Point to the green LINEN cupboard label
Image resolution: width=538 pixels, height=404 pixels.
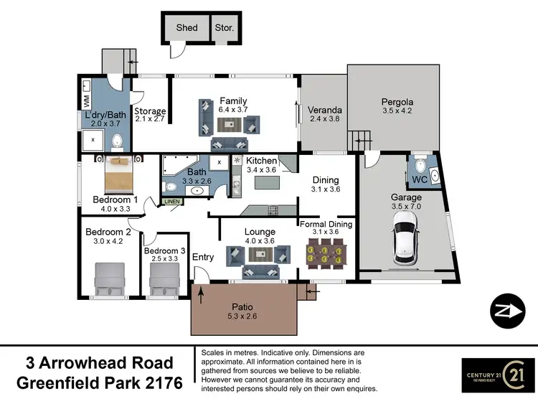point(172,202)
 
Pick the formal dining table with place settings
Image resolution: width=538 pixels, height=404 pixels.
point(326,254)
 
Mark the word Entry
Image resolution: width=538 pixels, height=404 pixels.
point(204,258)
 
